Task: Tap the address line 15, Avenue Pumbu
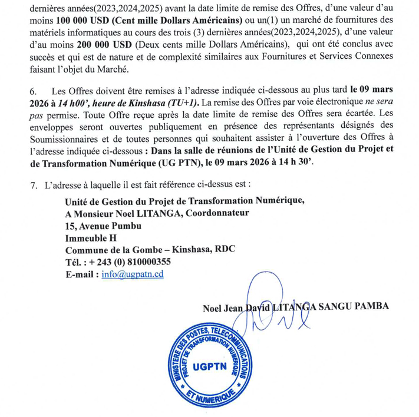[104, 226]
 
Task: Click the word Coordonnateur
[217, 213]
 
